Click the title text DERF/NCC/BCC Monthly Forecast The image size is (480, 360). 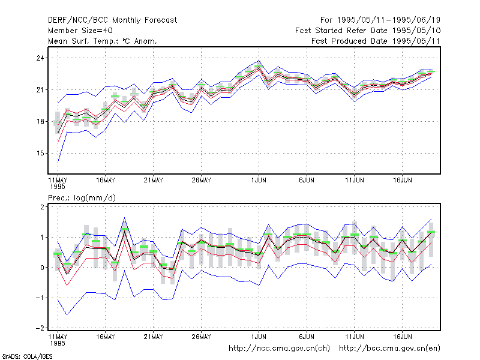point(112,20)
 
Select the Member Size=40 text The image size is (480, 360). point(80,31)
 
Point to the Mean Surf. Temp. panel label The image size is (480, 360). point(103,41)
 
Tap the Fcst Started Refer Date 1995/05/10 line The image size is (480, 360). point(368,31)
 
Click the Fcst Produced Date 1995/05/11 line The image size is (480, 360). point(376,41)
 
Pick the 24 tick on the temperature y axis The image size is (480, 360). point(40,58)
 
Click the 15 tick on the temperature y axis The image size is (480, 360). point(40,153)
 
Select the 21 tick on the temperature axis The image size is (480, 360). point(40,89)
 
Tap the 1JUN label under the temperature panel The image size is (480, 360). point(259,180)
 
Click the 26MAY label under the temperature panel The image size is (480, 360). point(201,180)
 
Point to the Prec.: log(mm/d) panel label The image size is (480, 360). point(82,198)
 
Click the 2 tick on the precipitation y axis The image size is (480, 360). point(42,207)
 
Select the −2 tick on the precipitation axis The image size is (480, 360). point(40,328)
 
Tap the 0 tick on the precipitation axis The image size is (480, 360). point(42,268)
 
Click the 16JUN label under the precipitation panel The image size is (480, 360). point(402,337)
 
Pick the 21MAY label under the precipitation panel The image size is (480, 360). point(154,337)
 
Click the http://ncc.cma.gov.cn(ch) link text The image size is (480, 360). point(279,349)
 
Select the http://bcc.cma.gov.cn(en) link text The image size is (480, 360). point(389,349)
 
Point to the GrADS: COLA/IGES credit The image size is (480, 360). point(27,356)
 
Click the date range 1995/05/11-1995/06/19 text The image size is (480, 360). point(389,20)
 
